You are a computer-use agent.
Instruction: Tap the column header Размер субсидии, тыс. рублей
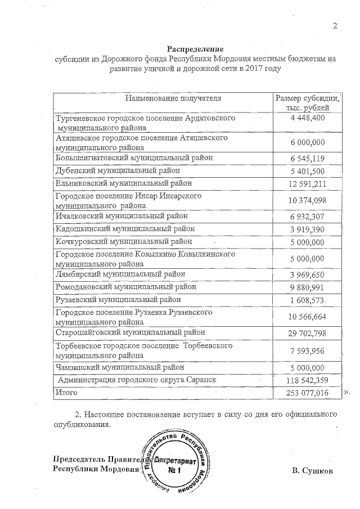(307, 103)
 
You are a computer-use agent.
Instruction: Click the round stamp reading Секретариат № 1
(178, 465)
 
